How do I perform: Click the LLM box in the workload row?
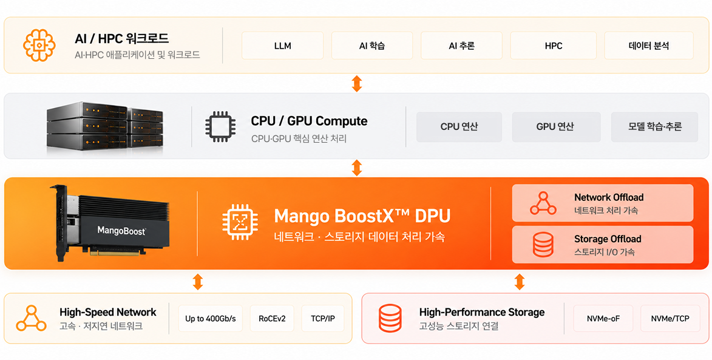point(282,46)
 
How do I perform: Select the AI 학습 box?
point(372,46)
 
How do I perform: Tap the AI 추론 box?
point(461,46)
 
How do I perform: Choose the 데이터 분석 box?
point(649,46)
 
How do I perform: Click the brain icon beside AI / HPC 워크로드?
point(39,45)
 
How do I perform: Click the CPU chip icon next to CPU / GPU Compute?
point(221,126)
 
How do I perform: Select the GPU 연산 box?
point(556,127)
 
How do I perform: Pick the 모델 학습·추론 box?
point(654,127)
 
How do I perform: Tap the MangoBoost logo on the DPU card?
point(121,231)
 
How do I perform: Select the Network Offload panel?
point(603,203)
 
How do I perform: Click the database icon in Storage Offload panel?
point(543,245)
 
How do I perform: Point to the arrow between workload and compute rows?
point(357,84)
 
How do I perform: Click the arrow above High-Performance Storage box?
point(520,282)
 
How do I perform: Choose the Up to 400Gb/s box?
point(210,318)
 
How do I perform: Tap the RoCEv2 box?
point(272,318)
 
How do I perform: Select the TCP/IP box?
point(323,318)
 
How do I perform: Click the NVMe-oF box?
point(603,318)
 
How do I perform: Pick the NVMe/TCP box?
point(670,318)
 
